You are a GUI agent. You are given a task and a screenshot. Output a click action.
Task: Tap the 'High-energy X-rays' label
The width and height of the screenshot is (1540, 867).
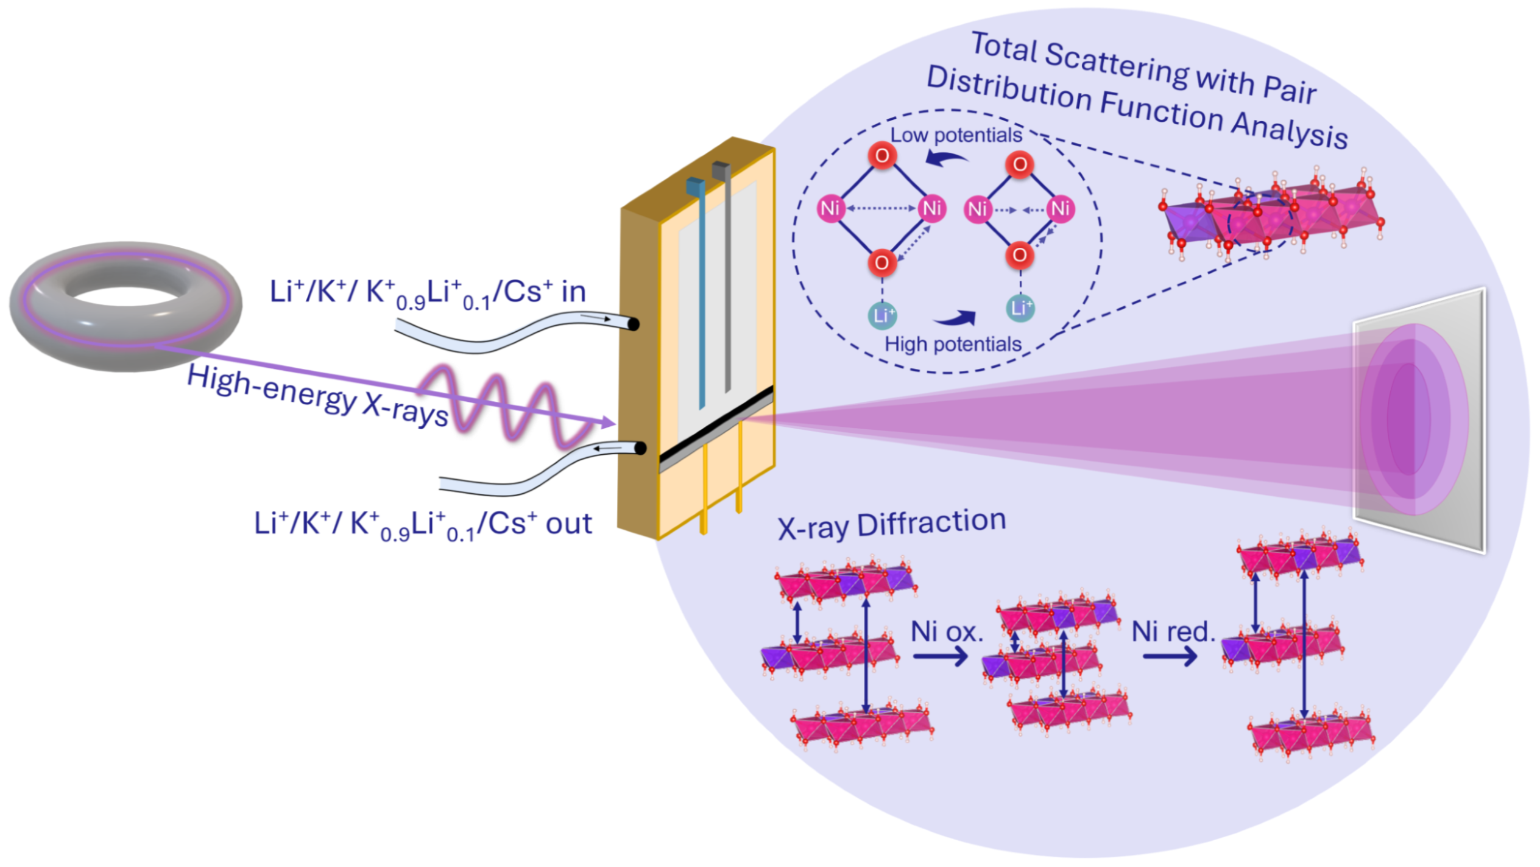tap(317, 396)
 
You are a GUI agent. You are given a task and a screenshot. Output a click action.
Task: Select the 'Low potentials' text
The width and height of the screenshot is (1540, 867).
tap(956, 135)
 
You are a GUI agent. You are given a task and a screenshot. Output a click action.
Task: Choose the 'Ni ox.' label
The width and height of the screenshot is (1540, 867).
tap(947, 632)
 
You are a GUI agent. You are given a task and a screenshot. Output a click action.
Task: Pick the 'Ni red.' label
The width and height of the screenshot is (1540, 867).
tap(1173, 632)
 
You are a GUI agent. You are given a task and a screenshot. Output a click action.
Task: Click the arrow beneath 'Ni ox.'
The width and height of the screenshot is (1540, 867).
tap(941, 656)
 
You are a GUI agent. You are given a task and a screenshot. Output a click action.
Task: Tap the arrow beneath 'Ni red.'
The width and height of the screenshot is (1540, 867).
tap(1170, 656)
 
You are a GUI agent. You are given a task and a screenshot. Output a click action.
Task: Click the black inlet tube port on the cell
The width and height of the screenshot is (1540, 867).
tap(634, 325)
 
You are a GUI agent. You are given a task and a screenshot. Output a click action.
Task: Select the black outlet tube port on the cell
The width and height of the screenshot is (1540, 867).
tap(640, 449)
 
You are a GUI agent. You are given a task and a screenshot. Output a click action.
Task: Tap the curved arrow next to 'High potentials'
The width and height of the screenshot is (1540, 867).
tap(955, 318)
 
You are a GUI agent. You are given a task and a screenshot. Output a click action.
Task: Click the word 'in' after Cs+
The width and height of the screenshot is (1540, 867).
tap(573, 292)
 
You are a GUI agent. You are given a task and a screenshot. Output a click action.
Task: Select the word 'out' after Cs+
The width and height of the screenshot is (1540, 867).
tap(568, 524)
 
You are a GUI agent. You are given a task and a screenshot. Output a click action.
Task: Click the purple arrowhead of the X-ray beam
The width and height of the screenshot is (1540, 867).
tap(607, 422)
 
